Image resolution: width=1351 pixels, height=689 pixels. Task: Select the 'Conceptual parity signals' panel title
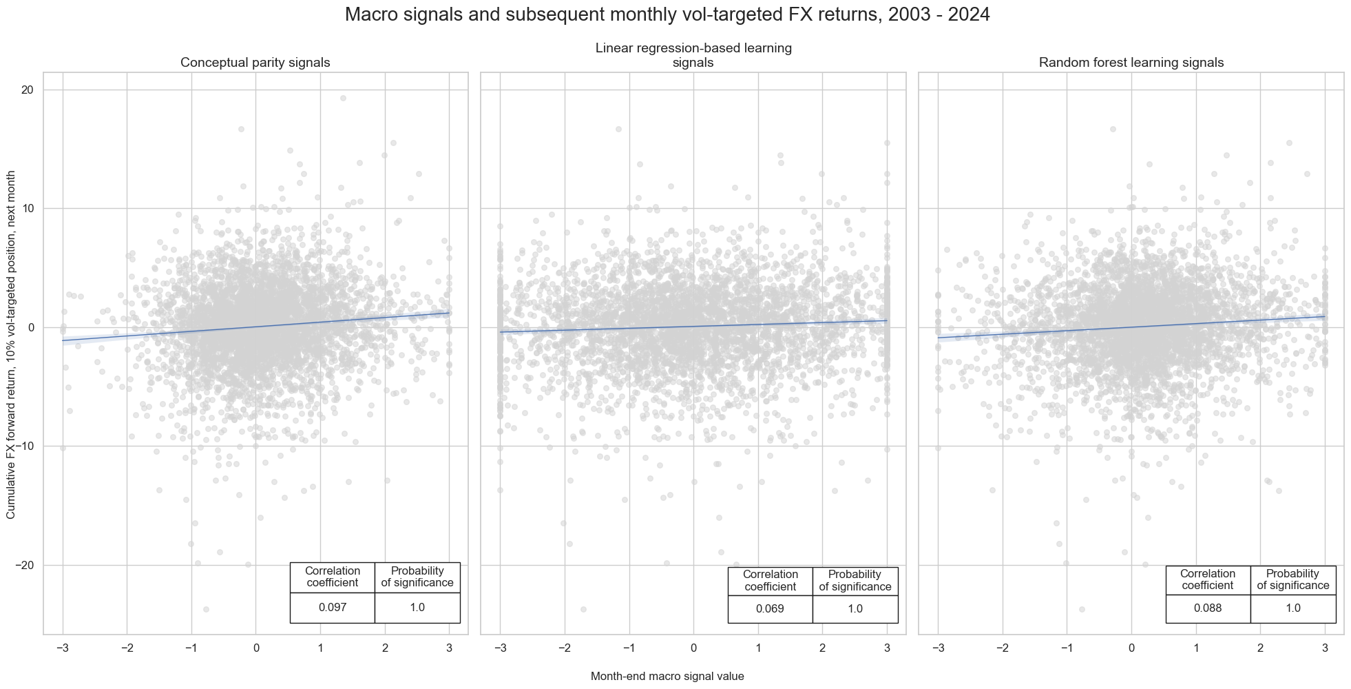point(255,63)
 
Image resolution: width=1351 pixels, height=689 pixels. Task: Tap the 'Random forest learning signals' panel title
point(1131,63)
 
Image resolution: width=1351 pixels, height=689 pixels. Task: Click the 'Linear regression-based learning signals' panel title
point(693,55)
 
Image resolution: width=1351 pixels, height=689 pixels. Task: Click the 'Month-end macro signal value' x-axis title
point(667,677)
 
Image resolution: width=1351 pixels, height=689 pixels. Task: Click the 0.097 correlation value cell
point(332,608)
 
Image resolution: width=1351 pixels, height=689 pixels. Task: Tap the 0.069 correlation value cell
point(770,609)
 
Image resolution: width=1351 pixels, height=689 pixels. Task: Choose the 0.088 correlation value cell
point(1208,608)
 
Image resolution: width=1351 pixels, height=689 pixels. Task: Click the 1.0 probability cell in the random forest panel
point(1292,608)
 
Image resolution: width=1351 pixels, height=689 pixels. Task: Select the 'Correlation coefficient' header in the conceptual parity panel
point(332,577)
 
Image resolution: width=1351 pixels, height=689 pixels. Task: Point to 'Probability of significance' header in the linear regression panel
point(855,581)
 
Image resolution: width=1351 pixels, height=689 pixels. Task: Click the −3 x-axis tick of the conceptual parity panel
point(62,648)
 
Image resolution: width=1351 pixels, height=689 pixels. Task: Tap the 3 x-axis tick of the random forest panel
point(1324,648)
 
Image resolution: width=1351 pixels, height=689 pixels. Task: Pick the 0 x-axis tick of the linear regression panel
point(693,648)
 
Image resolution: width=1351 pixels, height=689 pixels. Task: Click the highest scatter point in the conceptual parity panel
point(343,98)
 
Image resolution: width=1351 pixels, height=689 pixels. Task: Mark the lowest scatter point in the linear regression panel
point(583,609)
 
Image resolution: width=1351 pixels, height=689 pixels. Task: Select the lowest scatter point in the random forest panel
point(1082,609)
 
